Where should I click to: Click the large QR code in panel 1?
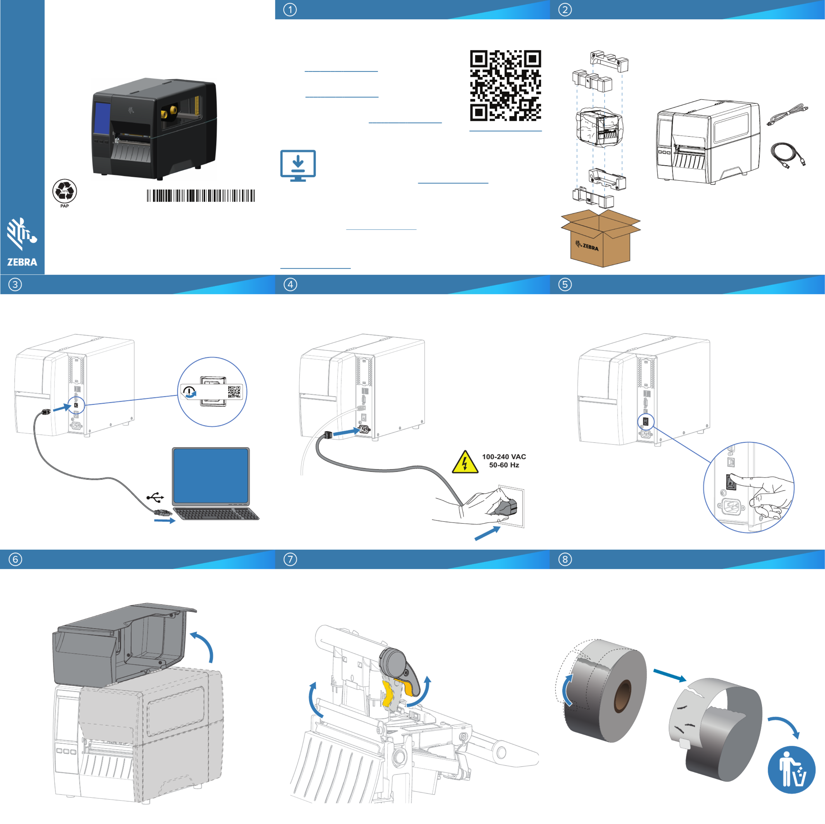tap(506, 86)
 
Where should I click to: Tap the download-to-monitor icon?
tap(298, 166)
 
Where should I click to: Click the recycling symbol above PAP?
tap(65, 190)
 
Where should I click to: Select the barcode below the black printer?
tap(201, 196)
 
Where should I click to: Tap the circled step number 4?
tap(290, 284)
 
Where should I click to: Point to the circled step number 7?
tap(290, 559)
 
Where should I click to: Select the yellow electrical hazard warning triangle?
tap(465, 462)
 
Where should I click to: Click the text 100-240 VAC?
tap(504, 457)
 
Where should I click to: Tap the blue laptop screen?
tap(211, 476)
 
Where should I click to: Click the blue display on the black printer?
tap(102, 117)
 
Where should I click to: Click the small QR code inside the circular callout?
tap(234, 392)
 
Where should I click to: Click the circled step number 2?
tap(565, 10)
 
